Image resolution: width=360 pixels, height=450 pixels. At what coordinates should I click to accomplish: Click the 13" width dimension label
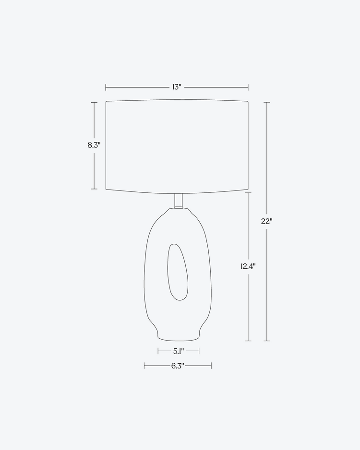177,87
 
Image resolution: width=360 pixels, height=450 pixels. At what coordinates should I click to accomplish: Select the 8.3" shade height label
94,145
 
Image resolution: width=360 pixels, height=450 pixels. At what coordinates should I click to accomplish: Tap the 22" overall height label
267,221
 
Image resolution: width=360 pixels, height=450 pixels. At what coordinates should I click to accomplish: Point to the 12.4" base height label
248,267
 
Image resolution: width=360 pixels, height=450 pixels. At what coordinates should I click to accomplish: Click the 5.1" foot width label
178,351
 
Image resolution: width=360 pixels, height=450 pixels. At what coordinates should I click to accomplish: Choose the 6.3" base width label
178,366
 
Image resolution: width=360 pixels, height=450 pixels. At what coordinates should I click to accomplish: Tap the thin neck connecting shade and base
178,201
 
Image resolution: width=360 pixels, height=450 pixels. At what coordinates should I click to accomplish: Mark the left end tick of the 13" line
106,87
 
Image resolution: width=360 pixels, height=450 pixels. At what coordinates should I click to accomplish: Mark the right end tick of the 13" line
248,87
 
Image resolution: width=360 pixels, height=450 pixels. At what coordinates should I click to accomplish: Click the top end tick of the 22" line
267,102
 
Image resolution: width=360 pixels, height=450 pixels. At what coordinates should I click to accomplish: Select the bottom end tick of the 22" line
267,341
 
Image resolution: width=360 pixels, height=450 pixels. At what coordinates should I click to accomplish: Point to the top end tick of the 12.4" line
248,193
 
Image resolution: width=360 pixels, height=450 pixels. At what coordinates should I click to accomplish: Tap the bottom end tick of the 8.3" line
94,189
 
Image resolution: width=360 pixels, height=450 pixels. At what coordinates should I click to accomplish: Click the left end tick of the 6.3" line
144,366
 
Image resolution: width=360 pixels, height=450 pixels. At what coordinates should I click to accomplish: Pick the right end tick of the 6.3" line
211,366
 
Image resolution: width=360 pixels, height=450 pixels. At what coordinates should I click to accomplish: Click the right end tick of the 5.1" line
199,351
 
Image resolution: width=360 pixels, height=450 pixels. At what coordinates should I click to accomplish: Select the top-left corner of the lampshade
106,102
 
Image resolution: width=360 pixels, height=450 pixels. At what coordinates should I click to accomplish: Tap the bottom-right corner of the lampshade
248,189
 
